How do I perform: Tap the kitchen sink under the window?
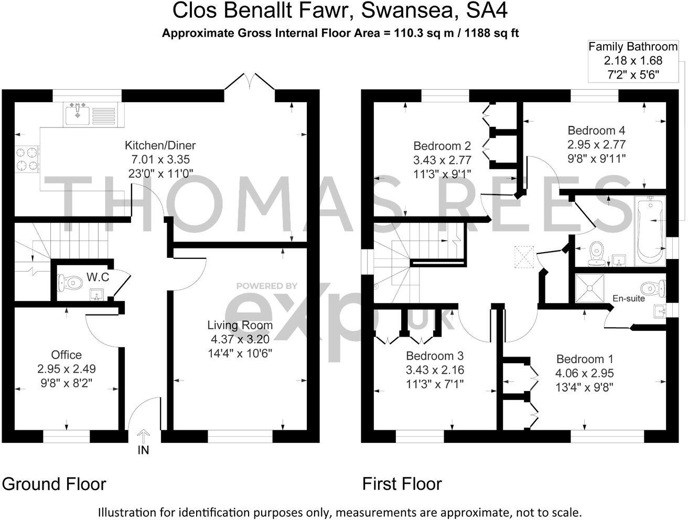pos(78,114)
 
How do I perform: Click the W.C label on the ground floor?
pos(98,277)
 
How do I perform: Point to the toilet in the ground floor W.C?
pos(70,283)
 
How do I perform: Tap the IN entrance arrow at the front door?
pos(143,437)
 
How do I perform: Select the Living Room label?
pos(240,325)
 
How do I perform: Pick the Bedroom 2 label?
pos(442,146)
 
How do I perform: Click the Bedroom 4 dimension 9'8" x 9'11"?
pos(596,157)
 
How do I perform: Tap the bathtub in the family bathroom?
pos(649,231)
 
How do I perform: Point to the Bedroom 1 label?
pos(585,359)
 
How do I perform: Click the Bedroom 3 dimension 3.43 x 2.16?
pos(435,370)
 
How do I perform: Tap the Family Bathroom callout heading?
pos(633,47)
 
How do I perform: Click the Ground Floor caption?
pos(54,483)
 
